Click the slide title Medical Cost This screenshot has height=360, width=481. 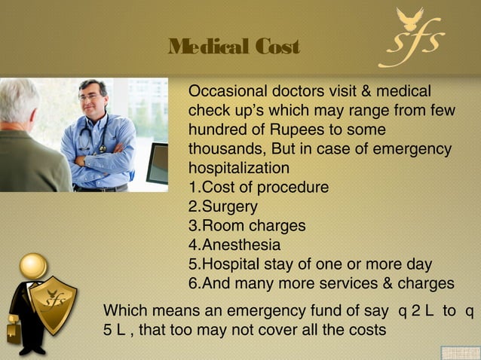(x=234, y=48)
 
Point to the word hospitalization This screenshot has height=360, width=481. (x=238, y=167)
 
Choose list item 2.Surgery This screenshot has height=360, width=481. (x=223, y=206)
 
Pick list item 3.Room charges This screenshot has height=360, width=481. (x=247, y=226)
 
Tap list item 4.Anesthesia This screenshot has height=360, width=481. (x=234, y=246)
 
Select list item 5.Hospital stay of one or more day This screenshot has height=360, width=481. (x=310, y=264)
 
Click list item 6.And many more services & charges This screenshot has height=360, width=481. (x=321, y=284)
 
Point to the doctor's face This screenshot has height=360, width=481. (x=92, y=96)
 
